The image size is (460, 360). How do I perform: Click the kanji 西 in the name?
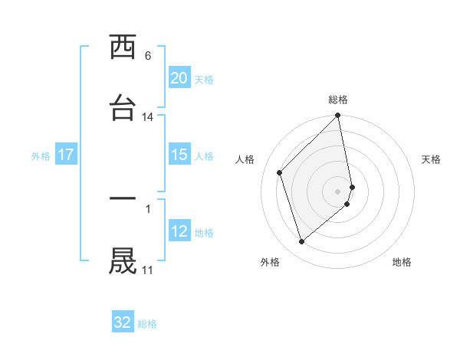[x=123, y=48]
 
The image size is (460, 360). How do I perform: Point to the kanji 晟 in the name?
[x=123, y=260]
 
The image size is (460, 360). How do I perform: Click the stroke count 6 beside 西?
[x=148, y=56]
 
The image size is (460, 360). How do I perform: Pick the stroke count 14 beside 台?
[x=148, y=117]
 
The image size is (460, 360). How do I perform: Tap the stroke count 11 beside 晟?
[x=148, y=270]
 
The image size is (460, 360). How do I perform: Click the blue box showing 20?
[x=179, y=78]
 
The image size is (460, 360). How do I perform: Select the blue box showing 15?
[x=179, y=155]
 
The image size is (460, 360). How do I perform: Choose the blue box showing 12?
[x=179, y=231]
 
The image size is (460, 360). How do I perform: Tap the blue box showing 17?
[x=66, y=155]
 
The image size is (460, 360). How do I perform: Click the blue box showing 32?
[x=123, y=322]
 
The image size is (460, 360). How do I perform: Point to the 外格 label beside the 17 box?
[x=41, y=156]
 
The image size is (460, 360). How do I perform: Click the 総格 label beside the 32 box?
[x=147, y=324]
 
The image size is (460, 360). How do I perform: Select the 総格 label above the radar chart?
[x=338, y=100]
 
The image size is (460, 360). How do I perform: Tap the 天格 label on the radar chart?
[x=432, y=159]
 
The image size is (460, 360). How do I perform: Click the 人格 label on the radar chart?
[x=245, y=159]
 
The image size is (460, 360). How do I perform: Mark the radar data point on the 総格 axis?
[x=338, y=116]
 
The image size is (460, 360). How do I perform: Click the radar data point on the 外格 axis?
[x=301, y=242]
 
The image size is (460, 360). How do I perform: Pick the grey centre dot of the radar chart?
[x=338, y=191]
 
